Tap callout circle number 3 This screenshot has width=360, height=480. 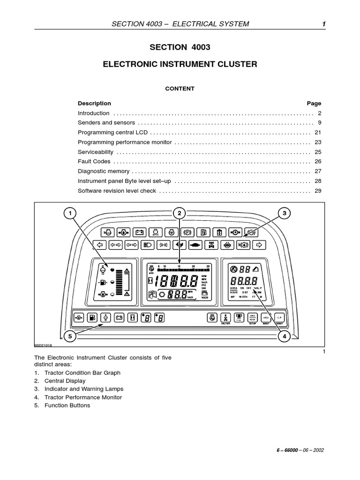(x=284, y=214)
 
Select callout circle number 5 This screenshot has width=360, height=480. (x=70, y=336)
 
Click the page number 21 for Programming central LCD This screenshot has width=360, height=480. (x=317, y=133)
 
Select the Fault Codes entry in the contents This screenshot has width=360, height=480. (x=94, y=162)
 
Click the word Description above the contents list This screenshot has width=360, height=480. (x=94, y=104)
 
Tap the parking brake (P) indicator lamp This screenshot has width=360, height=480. (x=187, y=232)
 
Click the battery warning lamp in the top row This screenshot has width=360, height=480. (x=139, y=232)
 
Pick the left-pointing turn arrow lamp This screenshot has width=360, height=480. (x=98, y=245)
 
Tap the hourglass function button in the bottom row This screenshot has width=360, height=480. (x=133, y=317)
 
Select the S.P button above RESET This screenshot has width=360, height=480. (x=279, y=317)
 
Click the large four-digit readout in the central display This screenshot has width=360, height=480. (x=176, y=282)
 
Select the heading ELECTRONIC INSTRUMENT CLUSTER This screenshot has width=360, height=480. (x=180, y=64)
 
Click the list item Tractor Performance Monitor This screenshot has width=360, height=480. (x=83, y=397)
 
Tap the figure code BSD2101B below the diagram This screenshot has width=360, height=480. (x=43, y=345)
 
